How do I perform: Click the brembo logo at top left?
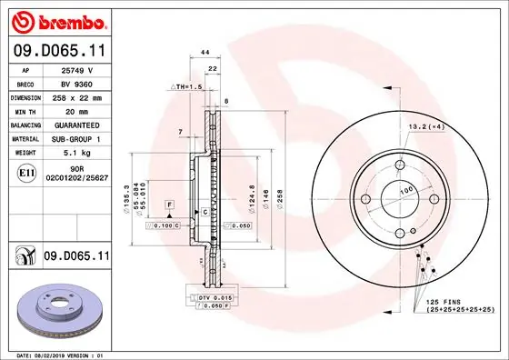click(x=57, y=21)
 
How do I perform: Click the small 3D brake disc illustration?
click(x=56, y=310)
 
